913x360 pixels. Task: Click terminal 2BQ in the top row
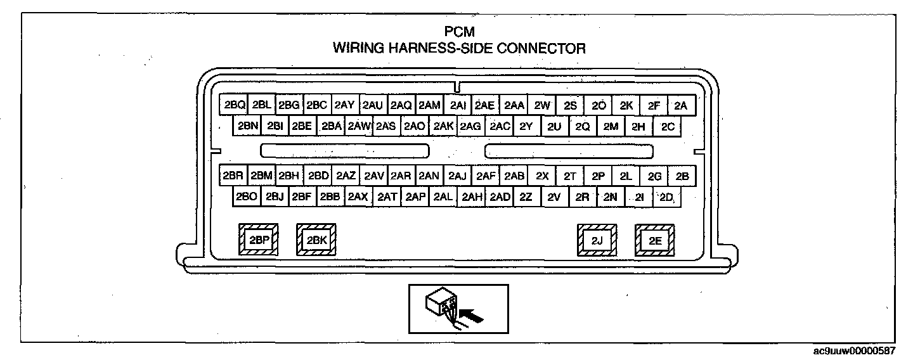tap(234, 106)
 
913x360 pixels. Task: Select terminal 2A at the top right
tap(681, 106)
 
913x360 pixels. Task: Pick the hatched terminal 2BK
tap(316, 240)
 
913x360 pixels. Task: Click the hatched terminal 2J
tap(597, 240)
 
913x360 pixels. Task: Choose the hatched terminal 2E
tap(655, 240)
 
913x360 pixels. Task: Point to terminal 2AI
tap(456, 106)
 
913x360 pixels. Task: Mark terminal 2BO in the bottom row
tap(246, 197)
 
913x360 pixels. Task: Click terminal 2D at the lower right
tap(666, 197)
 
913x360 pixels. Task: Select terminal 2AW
tap(358, 126)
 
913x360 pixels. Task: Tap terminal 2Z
tap(526, 197)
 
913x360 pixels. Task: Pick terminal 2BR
tap(233, 176)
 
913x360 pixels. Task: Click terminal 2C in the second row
tap(668, 126)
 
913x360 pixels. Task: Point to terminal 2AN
tap(429, 176)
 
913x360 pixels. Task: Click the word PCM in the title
tap(460, 31)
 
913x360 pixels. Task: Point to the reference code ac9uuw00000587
tap(864, 350)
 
